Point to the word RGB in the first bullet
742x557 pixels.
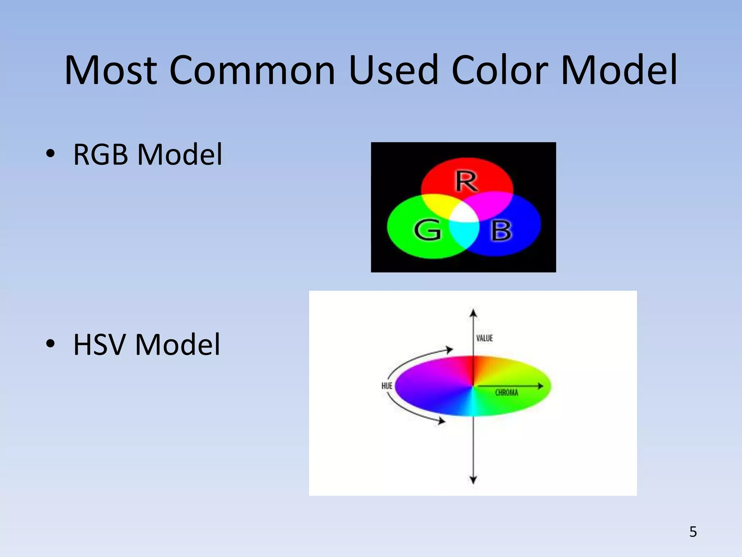100,154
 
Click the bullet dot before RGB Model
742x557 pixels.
50,154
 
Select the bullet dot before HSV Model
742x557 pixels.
50,343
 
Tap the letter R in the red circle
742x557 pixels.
466,181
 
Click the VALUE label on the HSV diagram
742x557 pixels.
484,338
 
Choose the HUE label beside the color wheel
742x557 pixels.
387,386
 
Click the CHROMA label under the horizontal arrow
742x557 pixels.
507,393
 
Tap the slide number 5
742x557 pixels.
693,532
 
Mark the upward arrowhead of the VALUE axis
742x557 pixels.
473,313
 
